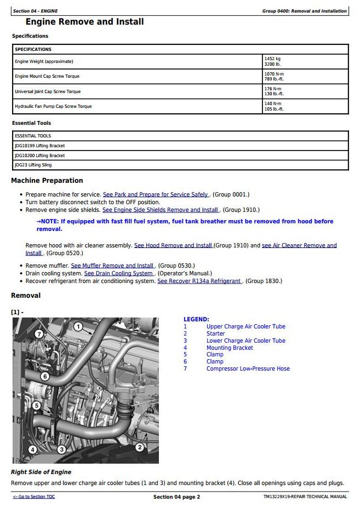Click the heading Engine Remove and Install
tap(85, 22)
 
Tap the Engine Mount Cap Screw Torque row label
tap(47, 76)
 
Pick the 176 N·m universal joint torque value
tap(272, 89)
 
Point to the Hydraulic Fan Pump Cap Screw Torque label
tap(53, 106)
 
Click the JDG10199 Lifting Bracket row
tap(39, 146)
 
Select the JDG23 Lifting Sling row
tap(33, 165)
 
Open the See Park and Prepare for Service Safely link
tap(156, 194)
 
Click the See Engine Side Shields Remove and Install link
tap(161, 210)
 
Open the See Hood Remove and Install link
tap(173, 246)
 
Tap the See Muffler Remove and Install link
tap(113, 265)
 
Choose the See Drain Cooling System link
tap(118, 273)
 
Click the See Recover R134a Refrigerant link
tap(199, 281)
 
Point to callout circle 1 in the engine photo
tap(78, 327)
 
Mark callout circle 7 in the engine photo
tap(39, 334)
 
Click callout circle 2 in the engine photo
tap(139, 448)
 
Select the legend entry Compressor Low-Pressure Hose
tap(248, 368)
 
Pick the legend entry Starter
tap(215, 333)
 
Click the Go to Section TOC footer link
tap(33, 497)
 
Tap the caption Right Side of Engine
tap(41, 472)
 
